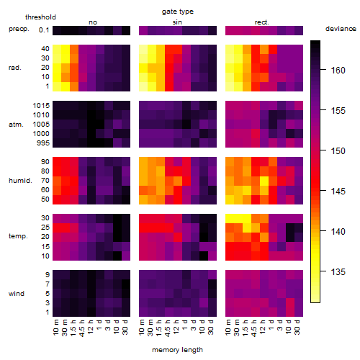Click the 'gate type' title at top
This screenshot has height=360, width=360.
pyautogui.click(x=178, y=12)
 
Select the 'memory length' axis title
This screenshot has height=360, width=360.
pyautogui.click(x=177, y=350)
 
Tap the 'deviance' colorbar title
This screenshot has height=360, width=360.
pyautogui.click(x=341, y=29)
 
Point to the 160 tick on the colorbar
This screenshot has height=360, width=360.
pyautogui.click(x=323, y=70)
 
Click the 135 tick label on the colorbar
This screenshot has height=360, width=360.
pyautogui.click(x=338, y=272)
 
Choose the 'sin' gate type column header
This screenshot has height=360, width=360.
pyautogui.click(x=177, y=22)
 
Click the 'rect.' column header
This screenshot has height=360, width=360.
pyautogui.click(x=261, y=22)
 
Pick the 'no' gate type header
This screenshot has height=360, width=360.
pyautogui.click(x=93, y=22)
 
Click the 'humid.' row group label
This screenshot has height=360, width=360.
pyautogui.click(x=20, y=181)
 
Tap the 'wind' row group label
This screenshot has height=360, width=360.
pyautogui.click(x=17, y=294)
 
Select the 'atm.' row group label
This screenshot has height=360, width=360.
pyautogui.click(x=16, y=125)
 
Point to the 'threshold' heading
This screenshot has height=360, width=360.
pyautogui.click(x=40, y=17)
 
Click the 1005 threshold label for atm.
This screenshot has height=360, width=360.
pyautogui.click(x=41, y=125)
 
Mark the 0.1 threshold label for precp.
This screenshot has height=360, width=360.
pyautogui.click(x=44, y=30)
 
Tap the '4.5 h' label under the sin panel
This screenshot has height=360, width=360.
pyautogui.click(x=167, y=328)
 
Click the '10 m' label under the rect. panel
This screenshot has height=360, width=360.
pyautogui.click(x=228, y=328)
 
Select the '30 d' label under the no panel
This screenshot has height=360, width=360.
pyautogui.click(x=125, y=328)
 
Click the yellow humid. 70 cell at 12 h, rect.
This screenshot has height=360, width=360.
pyautogui.click(x=264, y=181)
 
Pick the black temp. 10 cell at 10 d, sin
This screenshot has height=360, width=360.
pyautogui.click(x=204, y=256)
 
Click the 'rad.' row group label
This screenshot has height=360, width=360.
pyautogui.click(x=15, y=68)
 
